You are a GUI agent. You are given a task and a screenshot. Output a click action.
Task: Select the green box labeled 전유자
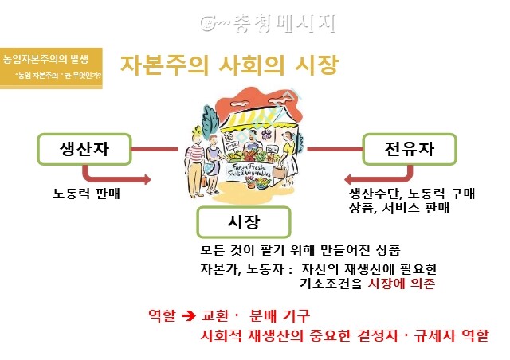pyautogui.click(x=409, y=148)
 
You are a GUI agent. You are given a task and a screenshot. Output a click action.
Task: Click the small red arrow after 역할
pyautogui.click(x=190, y=315)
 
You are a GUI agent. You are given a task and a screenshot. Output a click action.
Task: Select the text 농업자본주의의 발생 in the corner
pyautogui.click(x=45, y=59)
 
